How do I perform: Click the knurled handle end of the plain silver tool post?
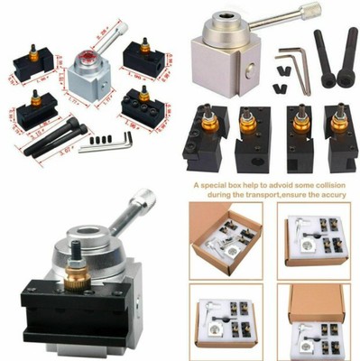tap(312, 12)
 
